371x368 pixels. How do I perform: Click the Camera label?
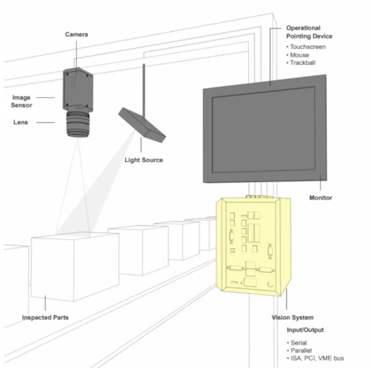pyautogui.click(x=76, y=34)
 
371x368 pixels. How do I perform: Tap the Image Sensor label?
pyautogui.click(x=21, y=101)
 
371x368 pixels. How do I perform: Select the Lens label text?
pyautogui.click(x=20, y=122)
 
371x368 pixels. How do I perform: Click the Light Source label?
pyautogui.click(x=144, y=160)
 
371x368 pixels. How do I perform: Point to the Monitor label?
pyautogui.click(x=321, y=198)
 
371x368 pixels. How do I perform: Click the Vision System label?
pyautogui.click(x=292, y=317)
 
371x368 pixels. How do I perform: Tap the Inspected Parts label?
pyautogui.click(x=45, y=317)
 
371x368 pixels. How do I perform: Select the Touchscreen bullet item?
pyautogui.click(x=306, y=47)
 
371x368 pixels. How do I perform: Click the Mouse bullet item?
pyautogui.click(x=298, y=55)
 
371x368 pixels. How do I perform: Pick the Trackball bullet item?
pyautogui.click(x=301, y=63)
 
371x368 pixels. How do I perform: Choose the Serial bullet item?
pyautogui.click(x=297, y=343)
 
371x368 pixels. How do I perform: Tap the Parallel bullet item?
pyautogui.click(x=299, y=351)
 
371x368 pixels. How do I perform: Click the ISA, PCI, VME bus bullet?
pyautogui.click(x=315, y=358)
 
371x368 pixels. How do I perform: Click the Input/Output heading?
pyautogui.click(x=305, y=330)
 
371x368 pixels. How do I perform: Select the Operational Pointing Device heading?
pyautogui.click(x=309, y=32)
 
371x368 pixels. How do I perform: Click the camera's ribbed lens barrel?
pyautogui.click(x=78, y=124)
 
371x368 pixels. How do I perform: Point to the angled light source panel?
pyautogui.click(x=142, y=125)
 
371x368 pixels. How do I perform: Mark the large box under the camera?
pyautogui.click(x=75, y=266)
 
